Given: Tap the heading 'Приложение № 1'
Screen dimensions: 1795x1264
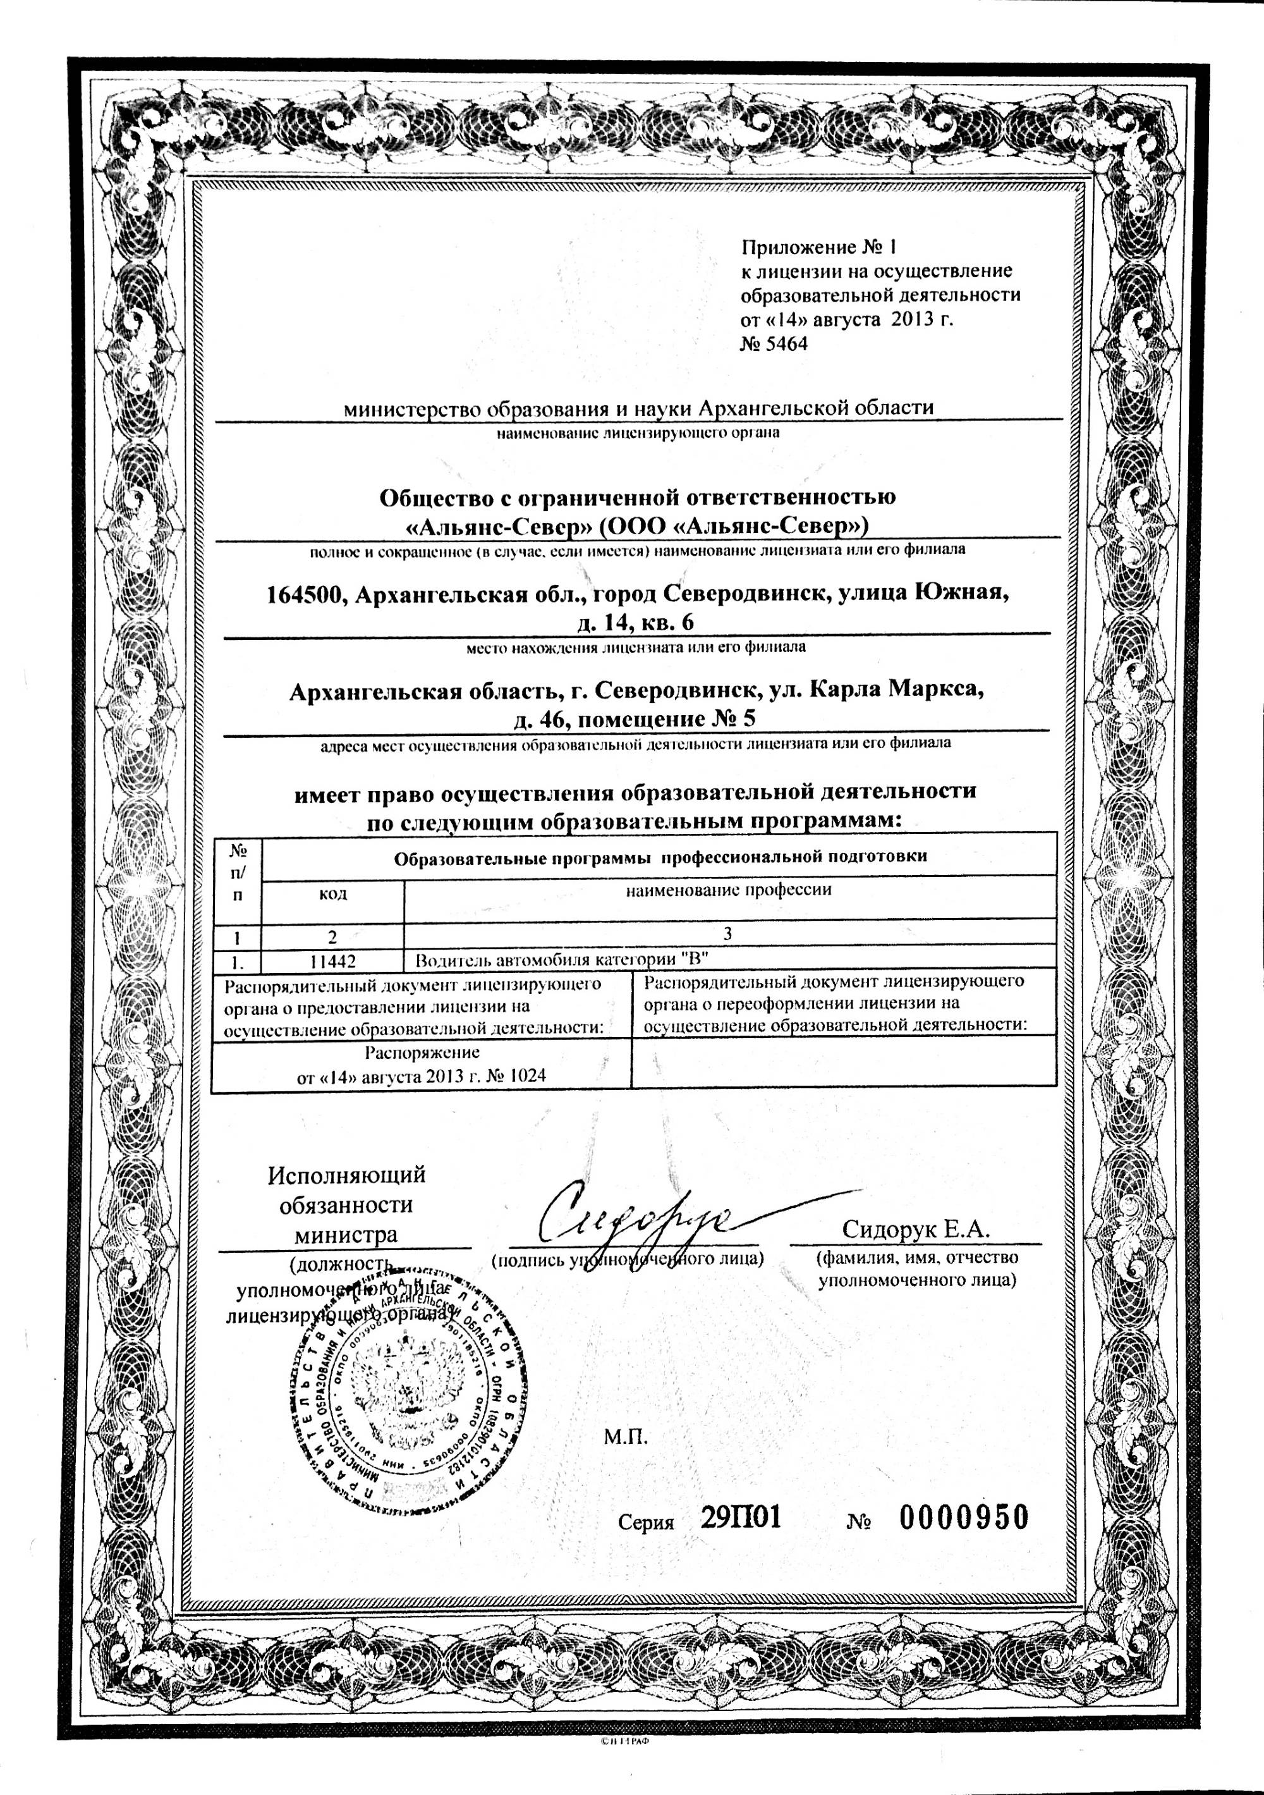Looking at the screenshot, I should point(818,248).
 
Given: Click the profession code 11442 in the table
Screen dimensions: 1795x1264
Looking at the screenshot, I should point(333,959).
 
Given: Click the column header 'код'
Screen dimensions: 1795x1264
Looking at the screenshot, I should point(333,893).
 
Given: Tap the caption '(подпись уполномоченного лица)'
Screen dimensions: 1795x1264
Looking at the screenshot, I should point(627,1259).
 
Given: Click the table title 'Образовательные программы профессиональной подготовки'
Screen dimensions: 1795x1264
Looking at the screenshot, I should point(660,856).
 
